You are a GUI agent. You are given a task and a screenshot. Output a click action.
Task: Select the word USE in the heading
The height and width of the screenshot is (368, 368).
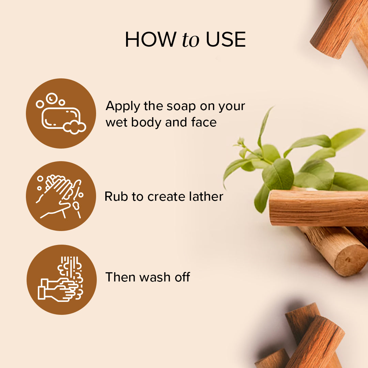(x=226, y=40)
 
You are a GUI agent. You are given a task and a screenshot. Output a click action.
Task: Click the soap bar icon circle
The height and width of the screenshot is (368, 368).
(x=61, y=113)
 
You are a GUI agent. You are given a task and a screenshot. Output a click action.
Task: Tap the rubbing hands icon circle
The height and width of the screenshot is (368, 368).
(x=61, y=196)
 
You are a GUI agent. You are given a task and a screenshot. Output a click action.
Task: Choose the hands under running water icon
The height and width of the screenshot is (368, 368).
(x=61, y=279)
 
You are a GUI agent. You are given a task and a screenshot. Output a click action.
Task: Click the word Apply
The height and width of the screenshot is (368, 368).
(x=123, y=106)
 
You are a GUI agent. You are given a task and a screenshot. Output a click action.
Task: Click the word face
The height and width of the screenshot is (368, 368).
(x=204, y=122)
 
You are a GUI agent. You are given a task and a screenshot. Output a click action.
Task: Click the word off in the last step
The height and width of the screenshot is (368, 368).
(x=181, y=277)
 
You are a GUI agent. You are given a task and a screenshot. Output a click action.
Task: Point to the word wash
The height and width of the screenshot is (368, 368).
(x=155, y=277)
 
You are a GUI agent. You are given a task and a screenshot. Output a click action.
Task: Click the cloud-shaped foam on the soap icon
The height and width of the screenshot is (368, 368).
(x=75, y=127)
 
